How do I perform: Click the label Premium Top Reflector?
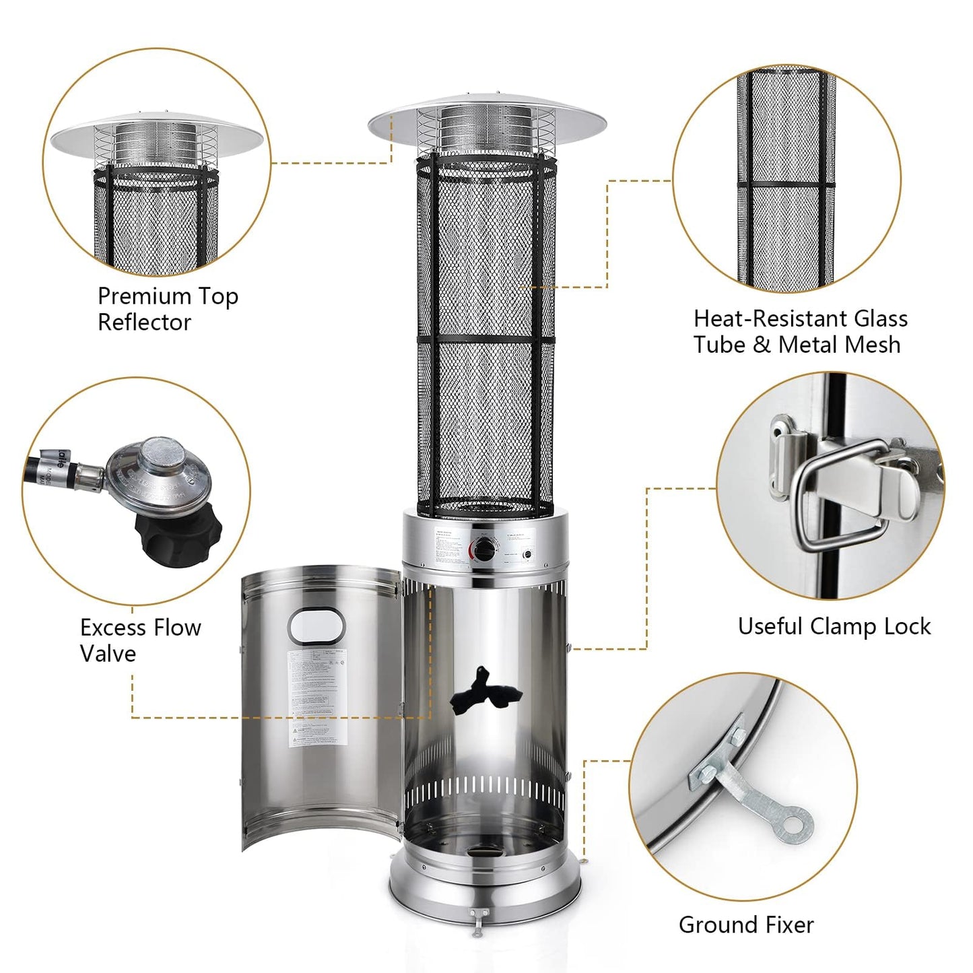click(x=168, y=309)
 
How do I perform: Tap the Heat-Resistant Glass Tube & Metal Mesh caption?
click(x=800, y=331)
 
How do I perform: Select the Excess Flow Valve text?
click(x=140, y=640)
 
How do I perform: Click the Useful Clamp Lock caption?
click(x=834, y=626)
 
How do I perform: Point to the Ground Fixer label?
click(x=746, y=925)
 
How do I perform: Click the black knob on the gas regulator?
click(x=172, y=532)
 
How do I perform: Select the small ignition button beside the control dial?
click(x=527, y=556)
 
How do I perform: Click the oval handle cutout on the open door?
click(x=316, y=625)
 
